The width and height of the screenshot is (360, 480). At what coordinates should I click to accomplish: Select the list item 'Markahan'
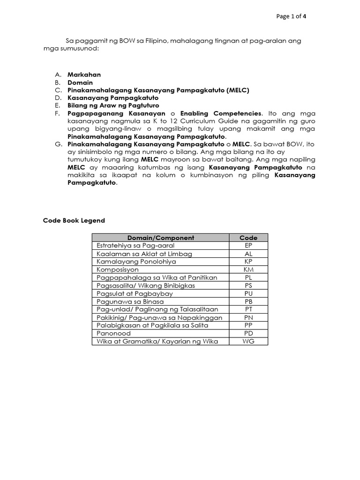(x=84, y=75)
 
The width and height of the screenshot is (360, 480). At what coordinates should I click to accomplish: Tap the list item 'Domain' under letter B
(x=80, y=82)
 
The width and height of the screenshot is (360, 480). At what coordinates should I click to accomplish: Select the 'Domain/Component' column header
(x=160, y=238)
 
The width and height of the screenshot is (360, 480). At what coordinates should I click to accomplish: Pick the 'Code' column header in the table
(x=248, y=238)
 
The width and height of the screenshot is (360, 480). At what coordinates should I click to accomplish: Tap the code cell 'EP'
(x=248, y=246)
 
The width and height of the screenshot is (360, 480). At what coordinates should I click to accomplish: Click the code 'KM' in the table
(x=248, y=270)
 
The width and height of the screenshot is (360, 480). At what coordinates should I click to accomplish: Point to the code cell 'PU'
(x=248, y=293)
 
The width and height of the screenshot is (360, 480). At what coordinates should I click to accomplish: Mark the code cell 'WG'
(x=248, y=341)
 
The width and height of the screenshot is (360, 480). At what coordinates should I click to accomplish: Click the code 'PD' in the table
(x=248, y=333)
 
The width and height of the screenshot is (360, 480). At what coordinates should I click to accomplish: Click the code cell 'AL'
(x=248, y=254)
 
